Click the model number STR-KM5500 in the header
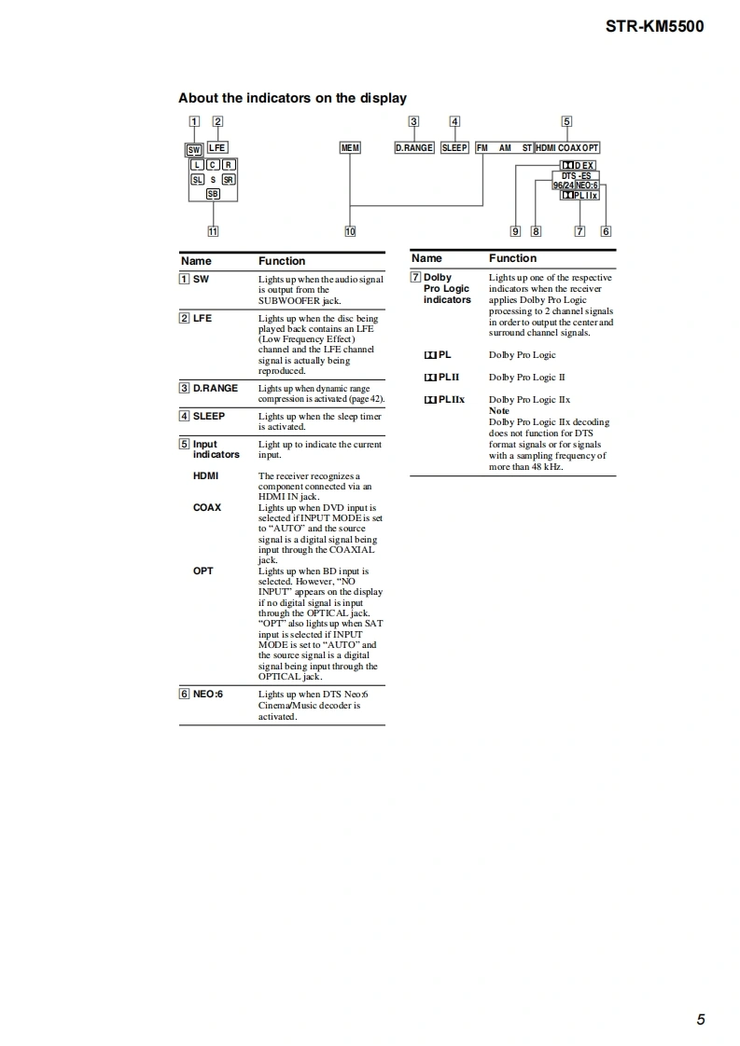pos(654,26)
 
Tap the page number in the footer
pos(700,1019)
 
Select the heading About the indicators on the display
pos(292,98)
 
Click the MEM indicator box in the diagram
pos(350,148)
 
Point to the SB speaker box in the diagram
pos(213,194)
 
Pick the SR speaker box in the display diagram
pos(228,179)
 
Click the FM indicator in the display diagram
pos(482,148)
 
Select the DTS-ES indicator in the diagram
pos(576,175)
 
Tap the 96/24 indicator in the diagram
pos(563,186)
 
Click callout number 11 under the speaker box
pos(213,231)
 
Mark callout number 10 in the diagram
pos(350,231)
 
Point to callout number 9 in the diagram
pos(515,231)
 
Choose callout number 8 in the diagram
pos(536,231)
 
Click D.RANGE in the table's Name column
pos(215,388)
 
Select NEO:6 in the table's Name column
pos(207,694)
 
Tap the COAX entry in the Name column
pos(207,508)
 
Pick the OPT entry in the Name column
pos(202,571)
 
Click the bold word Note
pos(499,411)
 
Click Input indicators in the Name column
pos(216,449)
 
